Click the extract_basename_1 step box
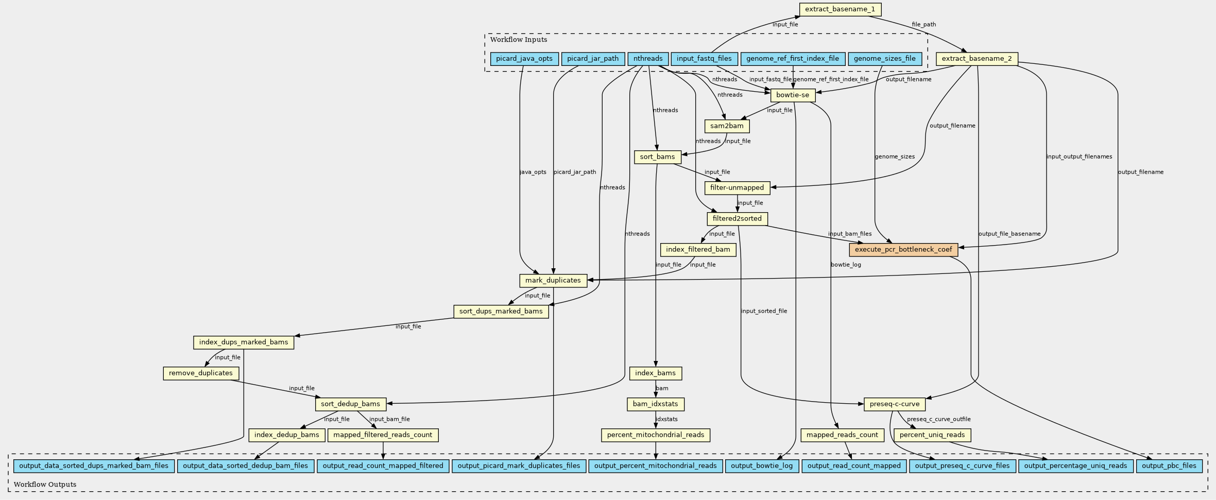(x=840, y=9)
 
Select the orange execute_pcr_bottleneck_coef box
(x=903, y=250)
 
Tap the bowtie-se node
(x=793, y=95)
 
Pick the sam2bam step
(x=727, y=126)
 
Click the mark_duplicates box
(x=553, y=281)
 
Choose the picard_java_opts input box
(x=524, y=59)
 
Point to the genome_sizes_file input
(x=884, y=59)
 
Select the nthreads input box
(x=648, y=59)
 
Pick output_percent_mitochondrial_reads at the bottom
(x=655, y=466)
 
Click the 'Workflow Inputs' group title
(x=519, y=40)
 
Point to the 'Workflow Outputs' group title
(x=45, y=485)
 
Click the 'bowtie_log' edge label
(x=846, y=265)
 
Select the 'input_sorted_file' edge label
(x=764, y=311)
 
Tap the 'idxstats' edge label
(x=666, y=419)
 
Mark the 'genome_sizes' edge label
(x=895, y=157)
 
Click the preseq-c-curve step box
(x=894, y=404)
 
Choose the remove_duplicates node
(x=201, y=373)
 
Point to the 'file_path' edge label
(x=924, y=24)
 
